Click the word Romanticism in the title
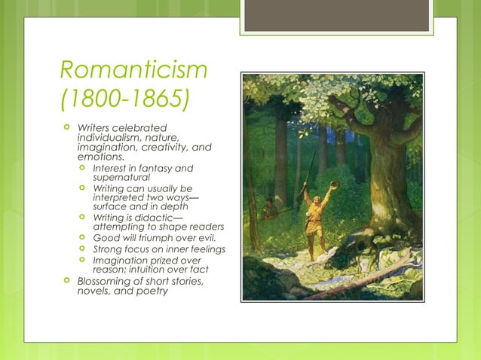[133, 72]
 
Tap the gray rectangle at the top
[338, 15]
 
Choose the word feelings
[205, 249]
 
